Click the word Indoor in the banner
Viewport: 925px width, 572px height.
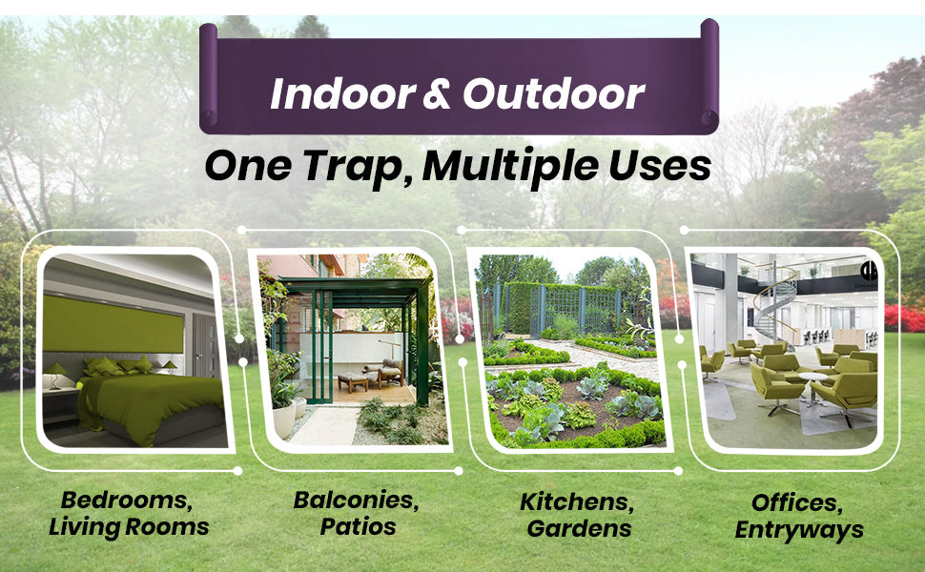tap(343, 93)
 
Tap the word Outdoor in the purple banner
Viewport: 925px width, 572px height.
tap(554, 93)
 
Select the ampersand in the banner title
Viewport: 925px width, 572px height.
tap(438, 94)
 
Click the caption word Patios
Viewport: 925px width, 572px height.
tap(359, 526)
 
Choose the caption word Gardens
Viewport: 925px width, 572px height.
tap(579, 528)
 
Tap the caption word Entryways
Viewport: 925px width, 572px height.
tap(799, 530)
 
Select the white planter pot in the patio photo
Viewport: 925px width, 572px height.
tap(284, 419)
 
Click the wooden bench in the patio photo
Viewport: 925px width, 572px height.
tap(354, 381)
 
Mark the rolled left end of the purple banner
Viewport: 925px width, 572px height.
tap(208, 76)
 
